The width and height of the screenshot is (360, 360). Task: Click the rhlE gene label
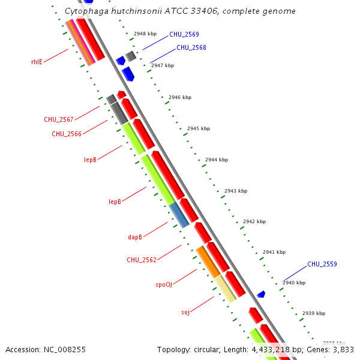click(37, 62)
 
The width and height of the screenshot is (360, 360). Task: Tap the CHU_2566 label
click(66, 134)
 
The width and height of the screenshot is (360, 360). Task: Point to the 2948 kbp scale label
click(145, 34)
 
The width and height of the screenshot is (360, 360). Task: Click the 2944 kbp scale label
click(217, 160)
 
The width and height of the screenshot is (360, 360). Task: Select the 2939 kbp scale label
click(313, 313)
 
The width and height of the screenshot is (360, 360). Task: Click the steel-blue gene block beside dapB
click(179, 215)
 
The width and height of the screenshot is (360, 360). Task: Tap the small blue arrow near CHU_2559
click(261, 294)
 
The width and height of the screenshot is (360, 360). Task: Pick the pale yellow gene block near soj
click(226, 289)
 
